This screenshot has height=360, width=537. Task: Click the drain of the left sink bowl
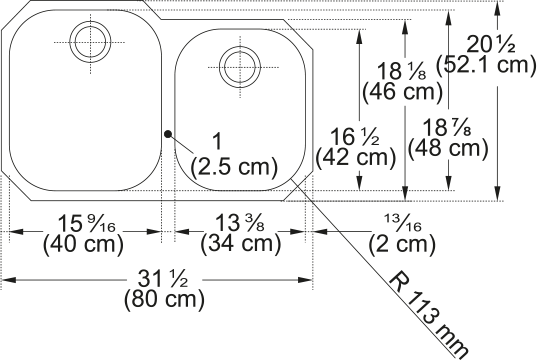click(x=90, y=42)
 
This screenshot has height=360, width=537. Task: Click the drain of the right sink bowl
click(x=240, y=67)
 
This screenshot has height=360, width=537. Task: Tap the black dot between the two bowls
click(x=167, y=134)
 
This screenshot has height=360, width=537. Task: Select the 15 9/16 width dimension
click(x=87, y=223)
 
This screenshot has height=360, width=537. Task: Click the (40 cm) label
click(x=83, y=245)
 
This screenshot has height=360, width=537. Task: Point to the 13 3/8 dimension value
click(x=239, y=223)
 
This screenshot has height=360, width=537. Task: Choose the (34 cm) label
click(x=240, y=245)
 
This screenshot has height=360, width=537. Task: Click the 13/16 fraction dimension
click(x=402, y=223)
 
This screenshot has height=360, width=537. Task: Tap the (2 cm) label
click(x=402, y=245)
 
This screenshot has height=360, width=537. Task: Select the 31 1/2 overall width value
click(x=163, y=279)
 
